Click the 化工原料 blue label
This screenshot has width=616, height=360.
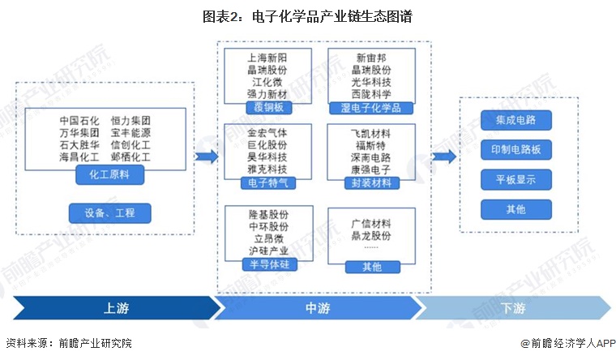coord(109,174)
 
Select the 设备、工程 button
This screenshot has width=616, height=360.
coord(109,213)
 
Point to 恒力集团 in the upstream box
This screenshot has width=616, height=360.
coord(130,120)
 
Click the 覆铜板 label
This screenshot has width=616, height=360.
coord(267,108)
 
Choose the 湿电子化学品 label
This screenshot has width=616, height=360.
coord(370,108)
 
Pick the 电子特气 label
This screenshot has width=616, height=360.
coord(267,183)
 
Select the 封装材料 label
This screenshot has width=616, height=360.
coord(371,183)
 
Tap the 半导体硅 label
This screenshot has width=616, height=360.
coord(267,265)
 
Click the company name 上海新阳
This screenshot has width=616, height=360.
coord(267,58)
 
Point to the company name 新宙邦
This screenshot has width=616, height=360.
coord(372,58)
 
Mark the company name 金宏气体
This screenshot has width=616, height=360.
coord(267,132)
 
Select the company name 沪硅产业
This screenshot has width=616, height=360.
coord(267,251)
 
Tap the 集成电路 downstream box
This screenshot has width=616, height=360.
coord(515,121)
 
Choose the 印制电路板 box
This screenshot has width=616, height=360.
coord(515,150)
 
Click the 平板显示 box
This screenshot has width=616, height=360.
coord(515,179)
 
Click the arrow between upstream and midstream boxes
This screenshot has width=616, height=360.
coord(207,156)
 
